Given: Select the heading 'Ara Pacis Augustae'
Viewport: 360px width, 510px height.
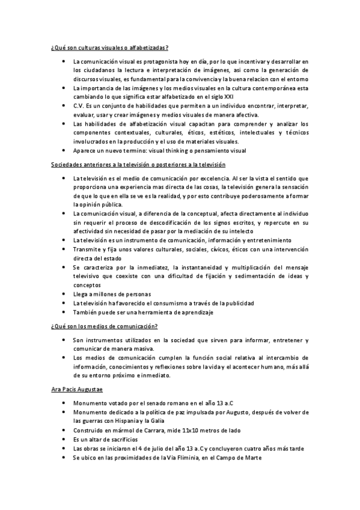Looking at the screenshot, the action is pyautogui.click(x=78, y=390).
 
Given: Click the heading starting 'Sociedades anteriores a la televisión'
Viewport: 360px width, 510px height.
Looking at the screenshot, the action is pyautogui.click(x=138, y=164).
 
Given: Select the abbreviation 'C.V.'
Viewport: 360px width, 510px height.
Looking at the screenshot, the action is pyautogui.click(x=79, y=105).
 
